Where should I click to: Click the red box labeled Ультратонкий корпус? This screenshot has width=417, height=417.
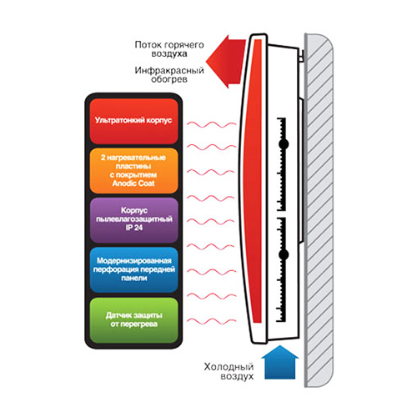(133, 121)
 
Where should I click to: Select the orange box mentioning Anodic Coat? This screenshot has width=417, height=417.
(133, 171)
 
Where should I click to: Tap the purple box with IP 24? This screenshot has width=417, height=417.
(133, 220)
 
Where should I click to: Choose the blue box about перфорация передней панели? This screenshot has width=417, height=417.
(133, 269)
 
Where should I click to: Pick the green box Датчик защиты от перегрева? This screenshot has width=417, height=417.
(133, 320)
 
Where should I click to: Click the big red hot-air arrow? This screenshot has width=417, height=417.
(227, 62)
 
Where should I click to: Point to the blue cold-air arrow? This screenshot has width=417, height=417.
(280, 362)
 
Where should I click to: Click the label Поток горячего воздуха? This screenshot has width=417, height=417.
(169, 49)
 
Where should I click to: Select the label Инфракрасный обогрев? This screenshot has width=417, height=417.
(169, 74)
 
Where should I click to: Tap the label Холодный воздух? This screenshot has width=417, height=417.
(229, 371)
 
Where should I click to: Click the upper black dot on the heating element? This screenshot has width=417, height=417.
(284, 144)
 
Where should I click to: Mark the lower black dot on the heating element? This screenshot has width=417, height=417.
(284, 254)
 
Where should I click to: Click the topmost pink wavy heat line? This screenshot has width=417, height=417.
(211, 124)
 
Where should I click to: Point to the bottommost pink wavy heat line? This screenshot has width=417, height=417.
(211, 321)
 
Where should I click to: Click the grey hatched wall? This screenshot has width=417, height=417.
(319, 210)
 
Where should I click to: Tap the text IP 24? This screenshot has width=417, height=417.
(134, 228)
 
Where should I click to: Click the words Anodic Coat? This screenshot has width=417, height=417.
(133, 183)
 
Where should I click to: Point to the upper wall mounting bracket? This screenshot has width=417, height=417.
(301, 55)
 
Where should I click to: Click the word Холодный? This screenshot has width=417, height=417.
(229, 367)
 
